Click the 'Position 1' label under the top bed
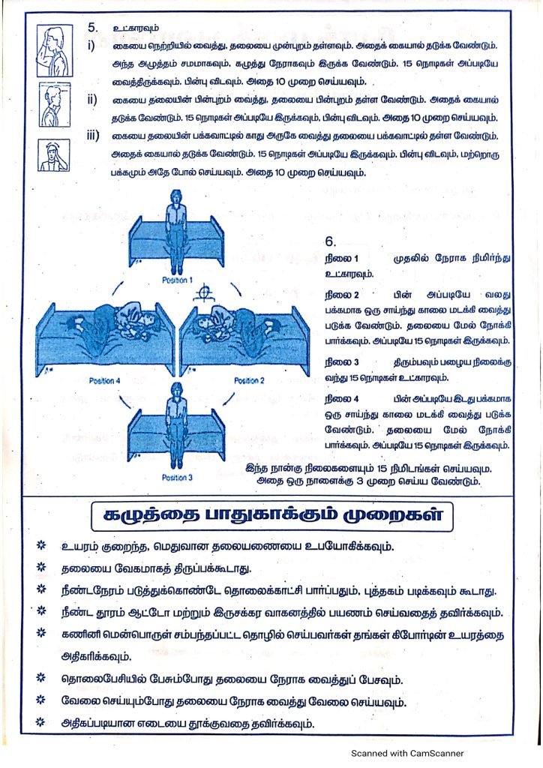coord(177,280)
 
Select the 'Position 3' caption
coord(177,478)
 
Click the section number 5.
coord(93,28)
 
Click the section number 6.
coord(331,241)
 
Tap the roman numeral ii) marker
coord(92,100)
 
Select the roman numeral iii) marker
coord(93,136)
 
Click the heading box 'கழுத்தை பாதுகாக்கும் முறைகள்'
coord(271,516)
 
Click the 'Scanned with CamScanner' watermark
coord(407,753)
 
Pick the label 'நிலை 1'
coord(341,258)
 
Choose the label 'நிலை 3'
coord(342,362)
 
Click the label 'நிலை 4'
coord(342,399)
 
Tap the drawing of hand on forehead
coord(55,51)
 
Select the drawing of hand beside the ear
coord(54,155)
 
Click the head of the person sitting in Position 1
coord(175,198)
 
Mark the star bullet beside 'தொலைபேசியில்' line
coord(41,678)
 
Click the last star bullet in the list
coord(41,721)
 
